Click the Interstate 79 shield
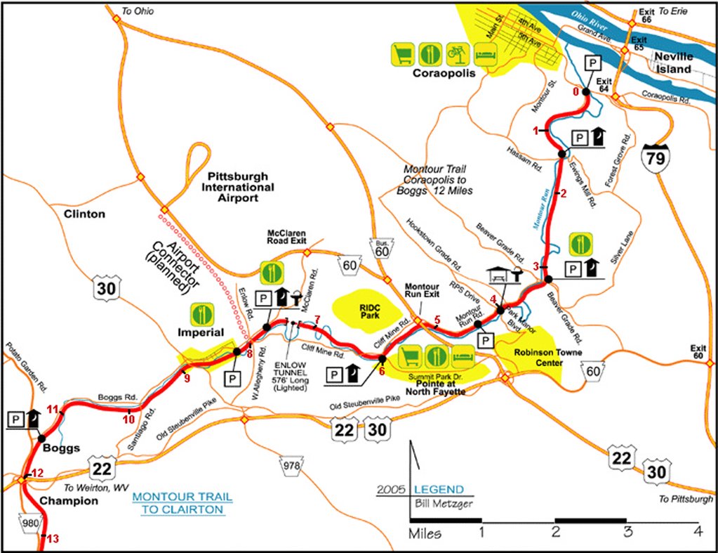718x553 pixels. (655, 156)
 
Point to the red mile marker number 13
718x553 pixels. (52, 538)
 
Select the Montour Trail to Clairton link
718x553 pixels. (182, 503)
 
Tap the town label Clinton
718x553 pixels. (84, 213)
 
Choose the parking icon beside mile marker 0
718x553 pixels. (592, 63)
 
